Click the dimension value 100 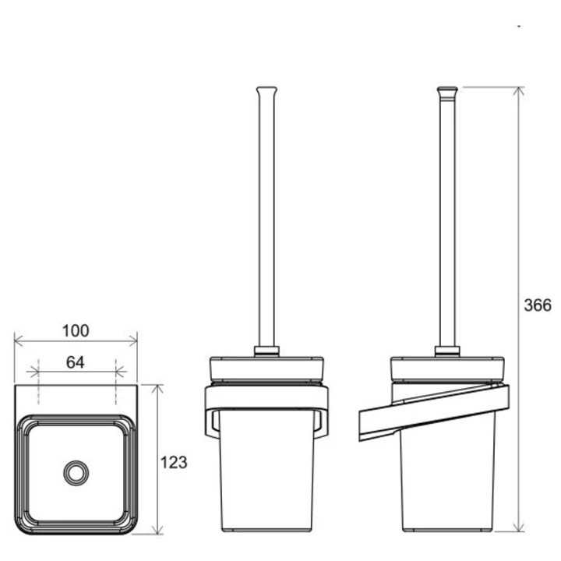coord(76,331)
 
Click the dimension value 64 coord(75,362)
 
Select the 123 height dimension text coord(174,462)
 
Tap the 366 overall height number coord(538,305)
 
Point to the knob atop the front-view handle coord(266,91)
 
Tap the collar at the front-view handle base coord(266,351)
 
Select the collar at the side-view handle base coord(447,351)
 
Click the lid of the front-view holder coord(266,369)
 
